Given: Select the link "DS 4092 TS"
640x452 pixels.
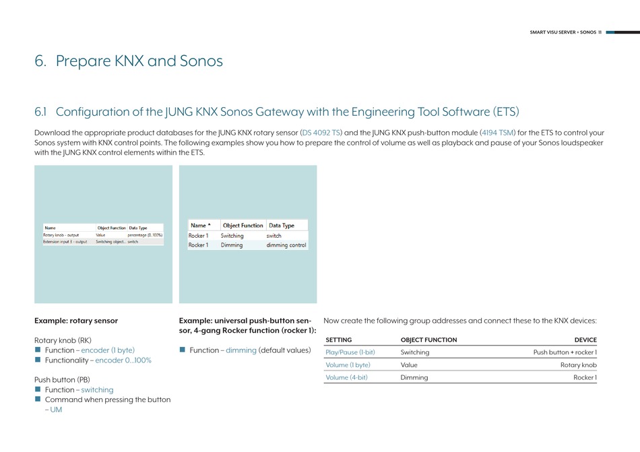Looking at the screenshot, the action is [x=321, y=133].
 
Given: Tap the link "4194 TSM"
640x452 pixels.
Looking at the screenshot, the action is [x=497, y=133].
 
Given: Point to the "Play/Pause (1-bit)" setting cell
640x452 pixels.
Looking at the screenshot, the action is [x=350, y=352].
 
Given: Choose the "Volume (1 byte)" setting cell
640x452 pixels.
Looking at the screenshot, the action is [x=348, y=365].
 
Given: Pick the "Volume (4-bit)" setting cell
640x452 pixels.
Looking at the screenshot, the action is [x=346, y=378].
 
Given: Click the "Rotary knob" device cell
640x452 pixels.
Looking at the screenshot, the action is [x=578, y=365].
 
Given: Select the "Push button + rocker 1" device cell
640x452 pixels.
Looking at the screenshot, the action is [x=565, y=352].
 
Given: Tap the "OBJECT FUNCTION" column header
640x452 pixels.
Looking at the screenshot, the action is [x=428, y=340].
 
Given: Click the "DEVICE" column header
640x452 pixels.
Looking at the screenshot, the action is [x=585, y=340].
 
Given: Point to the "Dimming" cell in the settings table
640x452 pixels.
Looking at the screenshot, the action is [x=414, y=378].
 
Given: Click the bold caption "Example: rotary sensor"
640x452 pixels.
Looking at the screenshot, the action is [x=75, y=321].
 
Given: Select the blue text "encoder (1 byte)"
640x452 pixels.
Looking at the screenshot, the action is [x=108, y=350].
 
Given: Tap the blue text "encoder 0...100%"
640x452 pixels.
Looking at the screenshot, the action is [x=123, y=360].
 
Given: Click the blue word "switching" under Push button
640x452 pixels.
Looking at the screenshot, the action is [x=97, y=390].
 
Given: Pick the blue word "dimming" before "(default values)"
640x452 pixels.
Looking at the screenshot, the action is [x=241, y=350].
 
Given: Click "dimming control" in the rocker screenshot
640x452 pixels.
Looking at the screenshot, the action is [x=286, y=245].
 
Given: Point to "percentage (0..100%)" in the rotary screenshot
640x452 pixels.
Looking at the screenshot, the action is [x=145, y=235].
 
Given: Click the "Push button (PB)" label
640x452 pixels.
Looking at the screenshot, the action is [x=62, y=380].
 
